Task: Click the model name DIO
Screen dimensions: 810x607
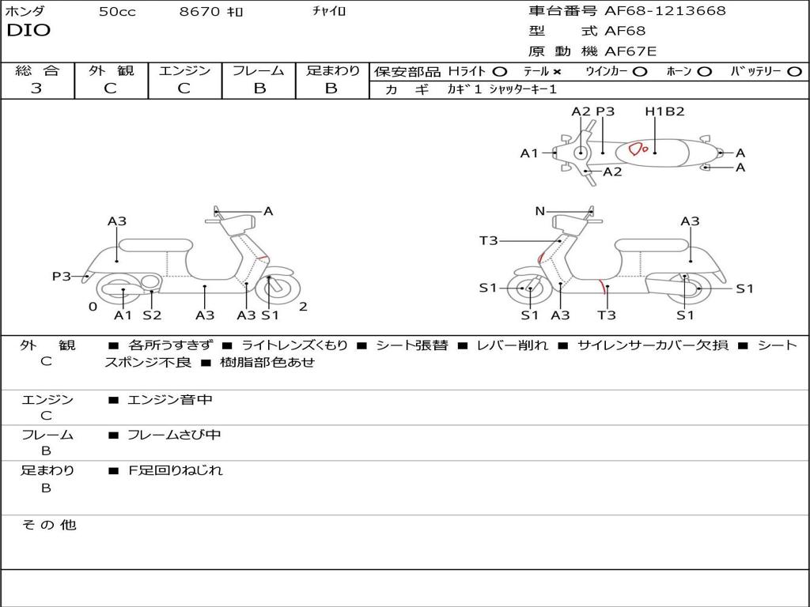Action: [x=28, y=31]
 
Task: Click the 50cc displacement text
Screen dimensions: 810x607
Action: [x=117, y=12]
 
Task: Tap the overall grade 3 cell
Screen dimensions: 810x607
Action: [x=36, y=89]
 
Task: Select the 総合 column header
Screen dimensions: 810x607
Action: [x=37, y=71]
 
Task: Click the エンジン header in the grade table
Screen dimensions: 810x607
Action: [x=184, y=71]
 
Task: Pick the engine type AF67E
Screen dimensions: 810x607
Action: [x=630, y=52]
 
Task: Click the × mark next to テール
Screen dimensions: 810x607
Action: [x=556, y=72]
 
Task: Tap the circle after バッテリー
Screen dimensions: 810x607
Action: [x=794, y=72]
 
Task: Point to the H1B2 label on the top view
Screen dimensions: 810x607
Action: [x=664, y=111]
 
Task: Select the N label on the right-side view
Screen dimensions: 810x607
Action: [x=540, y=211]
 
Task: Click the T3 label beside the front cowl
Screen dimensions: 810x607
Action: [x=488, y=240]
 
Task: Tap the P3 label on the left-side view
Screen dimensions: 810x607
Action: [x=62, y=276]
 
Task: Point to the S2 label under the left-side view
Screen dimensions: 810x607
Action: [x=152, y=315]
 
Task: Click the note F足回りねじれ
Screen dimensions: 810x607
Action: [x=176, y=470]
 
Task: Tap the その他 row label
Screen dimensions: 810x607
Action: [x=49, y=525]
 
